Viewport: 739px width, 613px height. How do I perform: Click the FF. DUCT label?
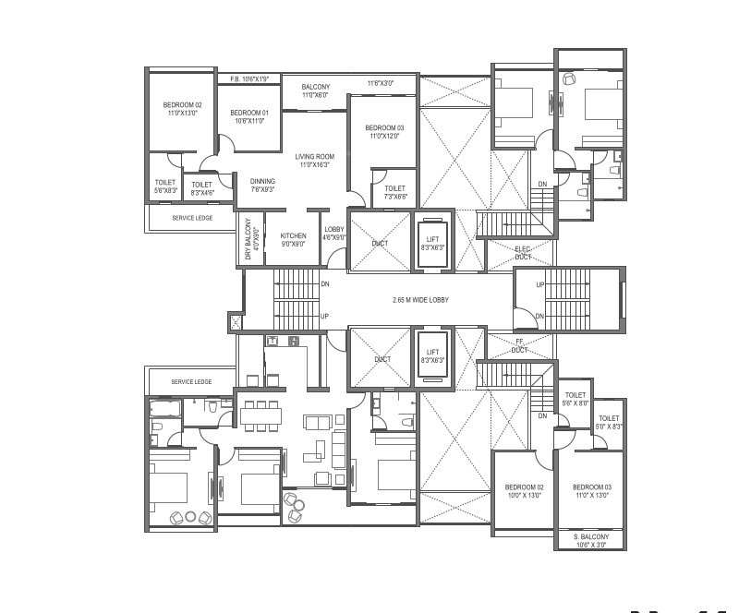521,346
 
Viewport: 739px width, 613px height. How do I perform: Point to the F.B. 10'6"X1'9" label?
249,79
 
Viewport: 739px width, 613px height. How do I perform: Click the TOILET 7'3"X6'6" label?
394,192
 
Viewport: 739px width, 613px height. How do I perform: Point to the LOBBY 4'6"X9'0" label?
333,234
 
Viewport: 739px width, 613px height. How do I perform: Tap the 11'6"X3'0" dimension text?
380,83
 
